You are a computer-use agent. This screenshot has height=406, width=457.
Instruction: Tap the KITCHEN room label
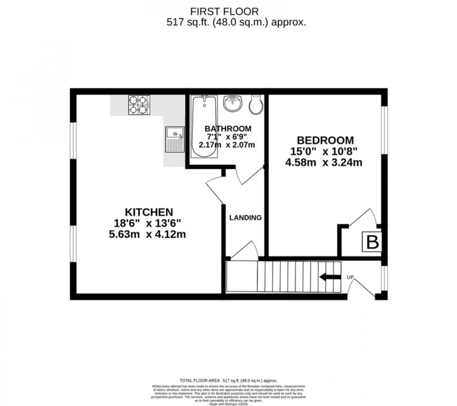point(149,211)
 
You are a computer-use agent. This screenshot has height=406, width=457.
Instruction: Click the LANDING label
point(245,218)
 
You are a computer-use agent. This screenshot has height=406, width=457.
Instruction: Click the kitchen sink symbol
point(174,140)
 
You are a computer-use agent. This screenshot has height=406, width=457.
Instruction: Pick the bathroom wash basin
point(232,104)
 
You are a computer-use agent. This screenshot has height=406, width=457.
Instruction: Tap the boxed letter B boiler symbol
point(372,242)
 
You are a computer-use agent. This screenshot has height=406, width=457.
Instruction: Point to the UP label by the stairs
point(350,277)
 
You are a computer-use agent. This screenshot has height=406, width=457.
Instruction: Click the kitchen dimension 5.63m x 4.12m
point(150,233)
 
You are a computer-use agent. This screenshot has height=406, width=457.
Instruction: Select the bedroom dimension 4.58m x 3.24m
point(323,162)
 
